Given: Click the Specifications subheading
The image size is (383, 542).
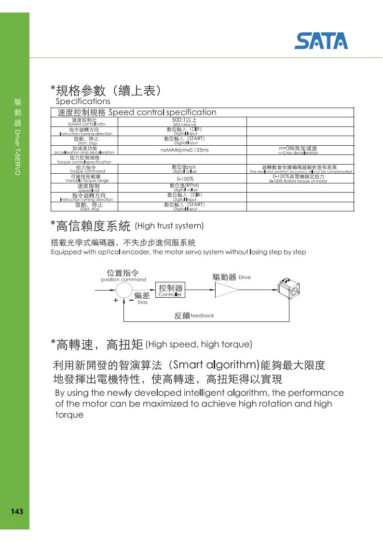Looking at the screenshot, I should click(x=82, y=101).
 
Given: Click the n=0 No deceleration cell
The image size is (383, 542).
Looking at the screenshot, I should click(x=298, y=150).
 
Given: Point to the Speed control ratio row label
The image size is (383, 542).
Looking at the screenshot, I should click(x=84, y=122).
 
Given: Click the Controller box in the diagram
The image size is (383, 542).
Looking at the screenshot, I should click(x=170, y=291).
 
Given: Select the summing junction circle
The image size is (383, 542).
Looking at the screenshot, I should click(x=124, y=291).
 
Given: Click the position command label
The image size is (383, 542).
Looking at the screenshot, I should click(x=123, y=276).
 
